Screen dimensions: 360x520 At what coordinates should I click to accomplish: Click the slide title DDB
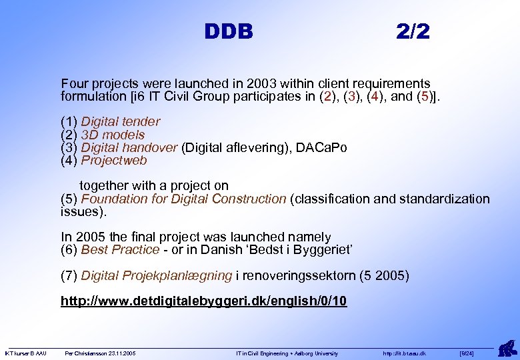[x=229, y=31]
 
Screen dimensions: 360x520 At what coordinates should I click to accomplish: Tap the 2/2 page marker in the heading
[x=413, y=31]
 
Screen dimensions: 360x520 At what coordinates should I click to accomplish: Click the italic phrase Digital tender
[x=121, y=121]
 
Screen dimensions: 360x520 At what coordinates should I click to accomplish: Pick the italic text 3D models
[x=113, y=135]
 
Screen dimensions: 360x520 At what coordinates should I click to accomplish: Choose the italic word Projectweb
[x=114, y=161]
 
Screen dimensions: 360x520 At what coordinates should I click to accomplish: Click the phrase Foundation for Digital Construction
[x=183, y=199]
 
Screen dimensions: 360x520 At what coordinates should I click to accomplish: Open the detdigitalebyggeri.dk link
[x=203, y=301]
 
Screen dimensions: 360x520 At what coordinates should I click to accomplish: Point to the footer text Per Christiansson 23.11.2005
[x=100, y=353]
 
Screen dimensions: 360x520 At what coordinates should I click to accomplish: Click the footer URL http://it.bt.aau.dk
[x=405, y=353]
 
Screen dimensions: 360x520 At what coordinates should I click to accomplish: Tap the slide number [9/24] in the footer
[x=467, y=353]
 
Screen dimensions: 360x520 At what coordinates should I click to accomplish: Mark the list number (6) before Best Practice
[x=69, y=249]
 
